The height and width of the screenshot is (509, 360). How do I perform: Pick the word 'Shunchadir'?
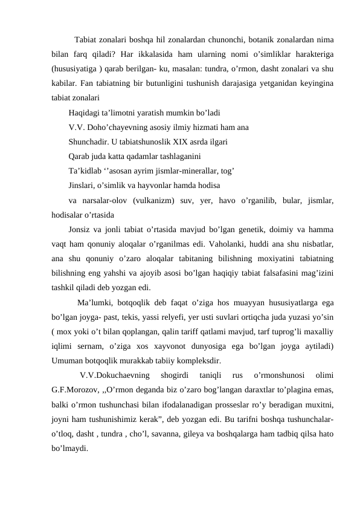89,143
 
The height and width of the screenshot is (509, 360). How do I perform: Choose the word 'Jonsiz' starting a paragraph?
81,230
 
